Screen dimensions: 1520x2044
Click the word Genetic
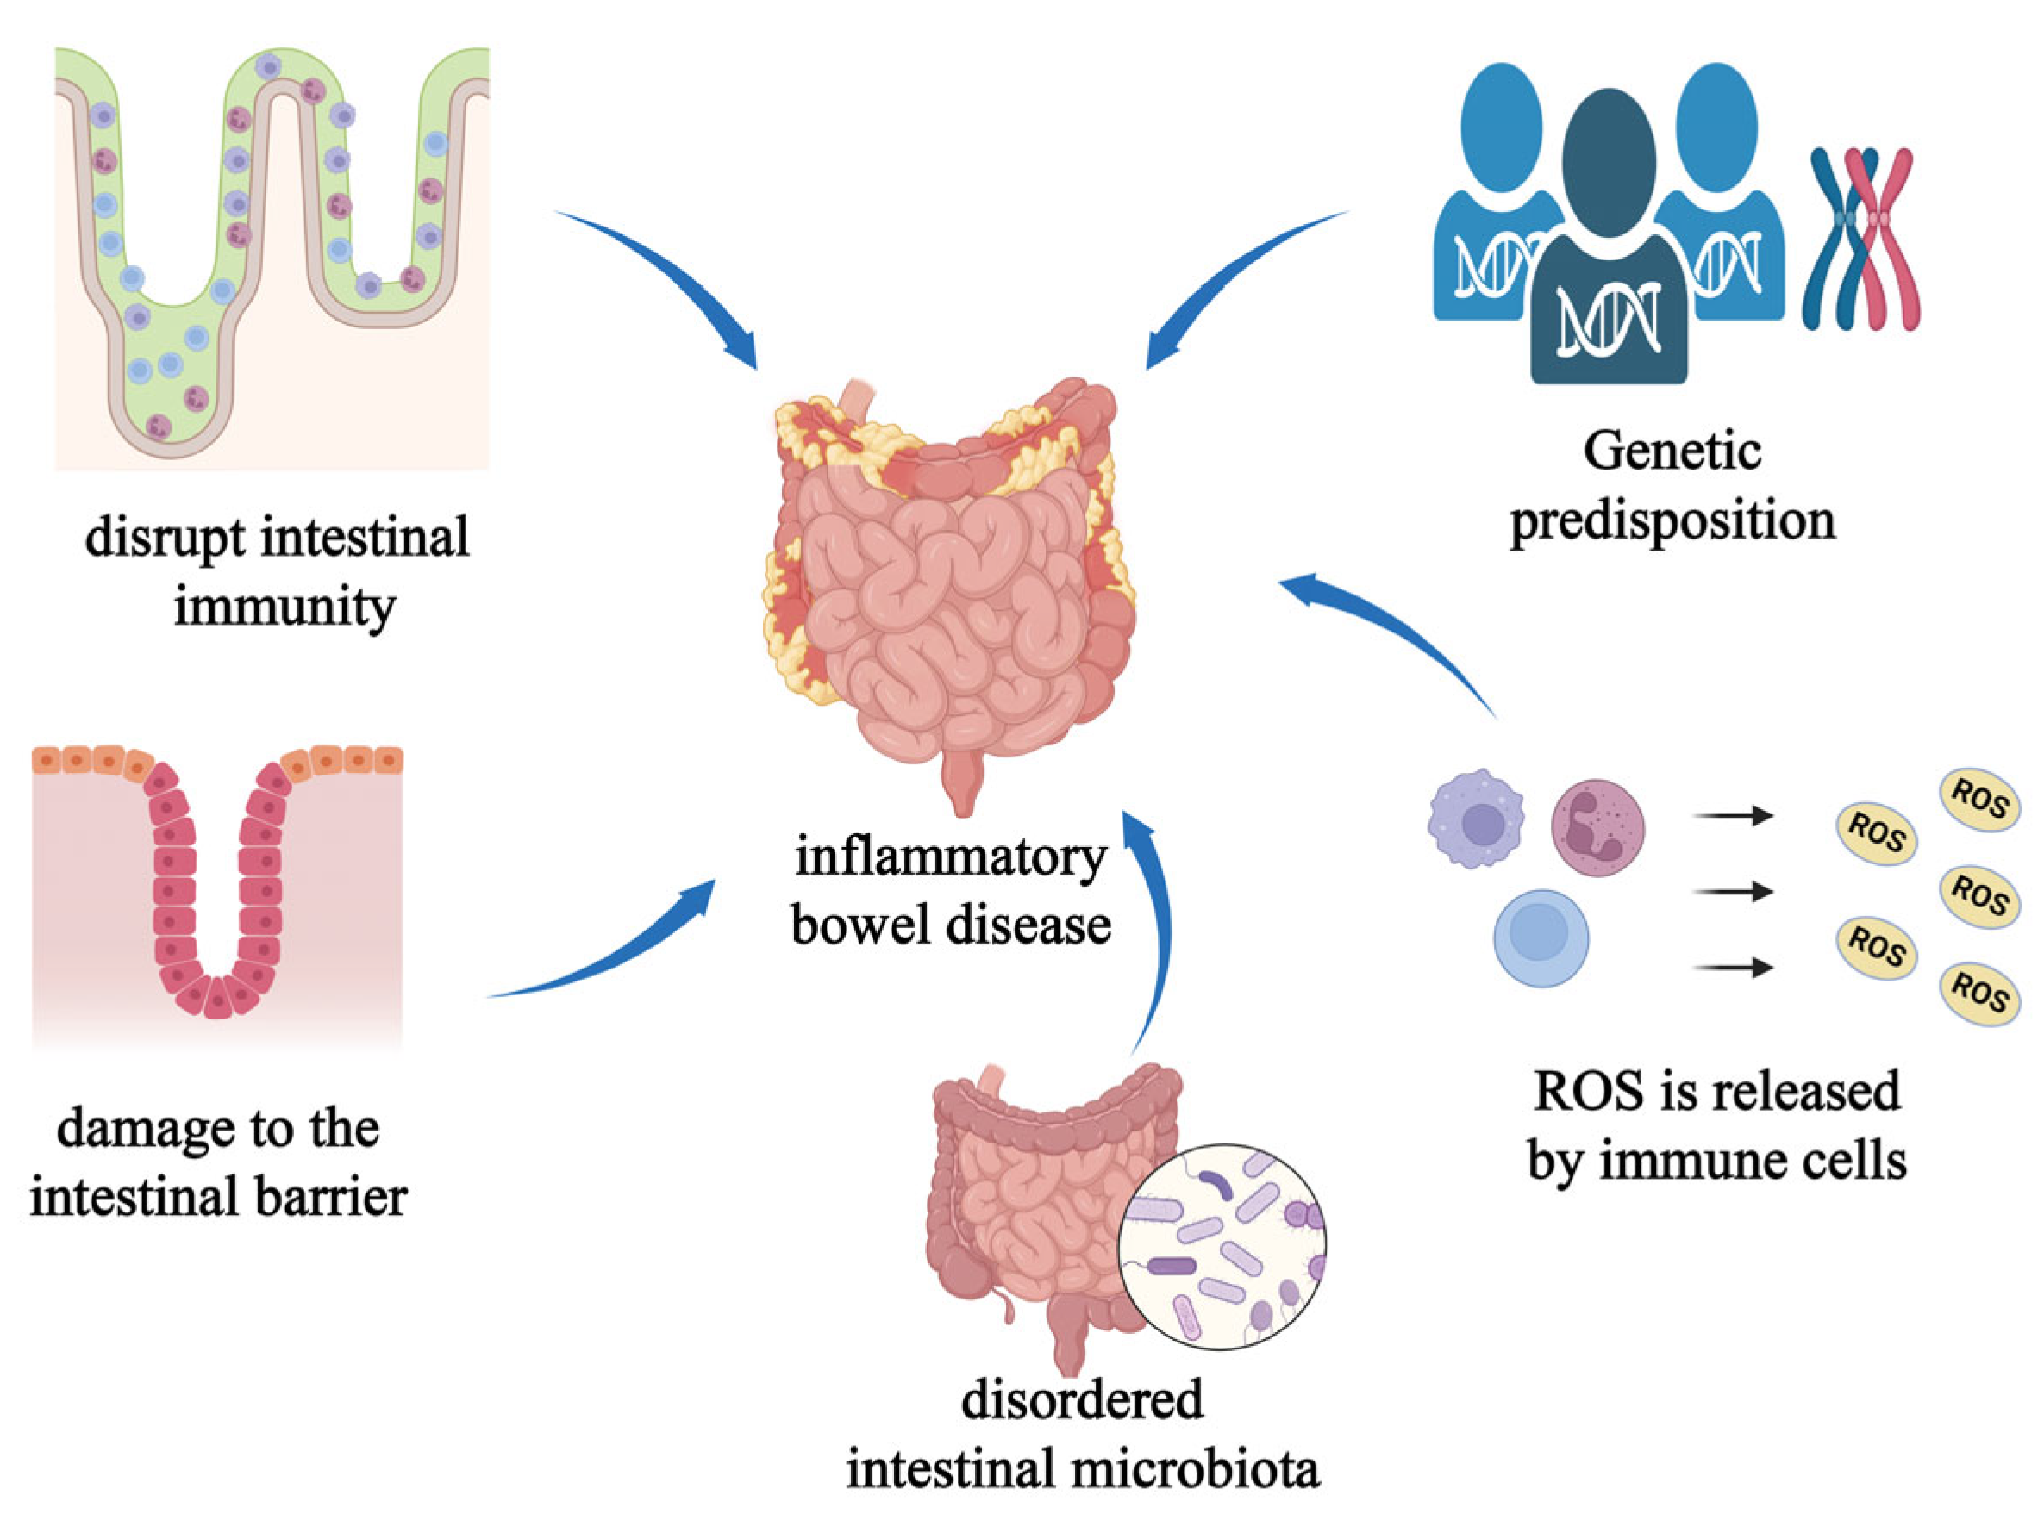[1672, 452]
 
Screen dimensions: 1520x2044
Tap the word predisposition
[1672, 521]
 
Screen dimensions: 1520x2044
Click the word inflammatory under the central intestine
[951, 857]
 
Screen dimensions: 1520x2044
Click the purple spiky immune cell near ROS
[1475, 819]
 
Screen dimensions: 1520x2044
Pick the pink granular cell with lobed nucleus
[1597, 826]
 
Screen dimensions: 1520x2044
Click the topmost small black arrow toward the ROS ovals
[1732, 815]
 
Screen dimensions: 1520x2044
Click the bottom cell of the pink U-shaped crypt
[217, 999]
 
